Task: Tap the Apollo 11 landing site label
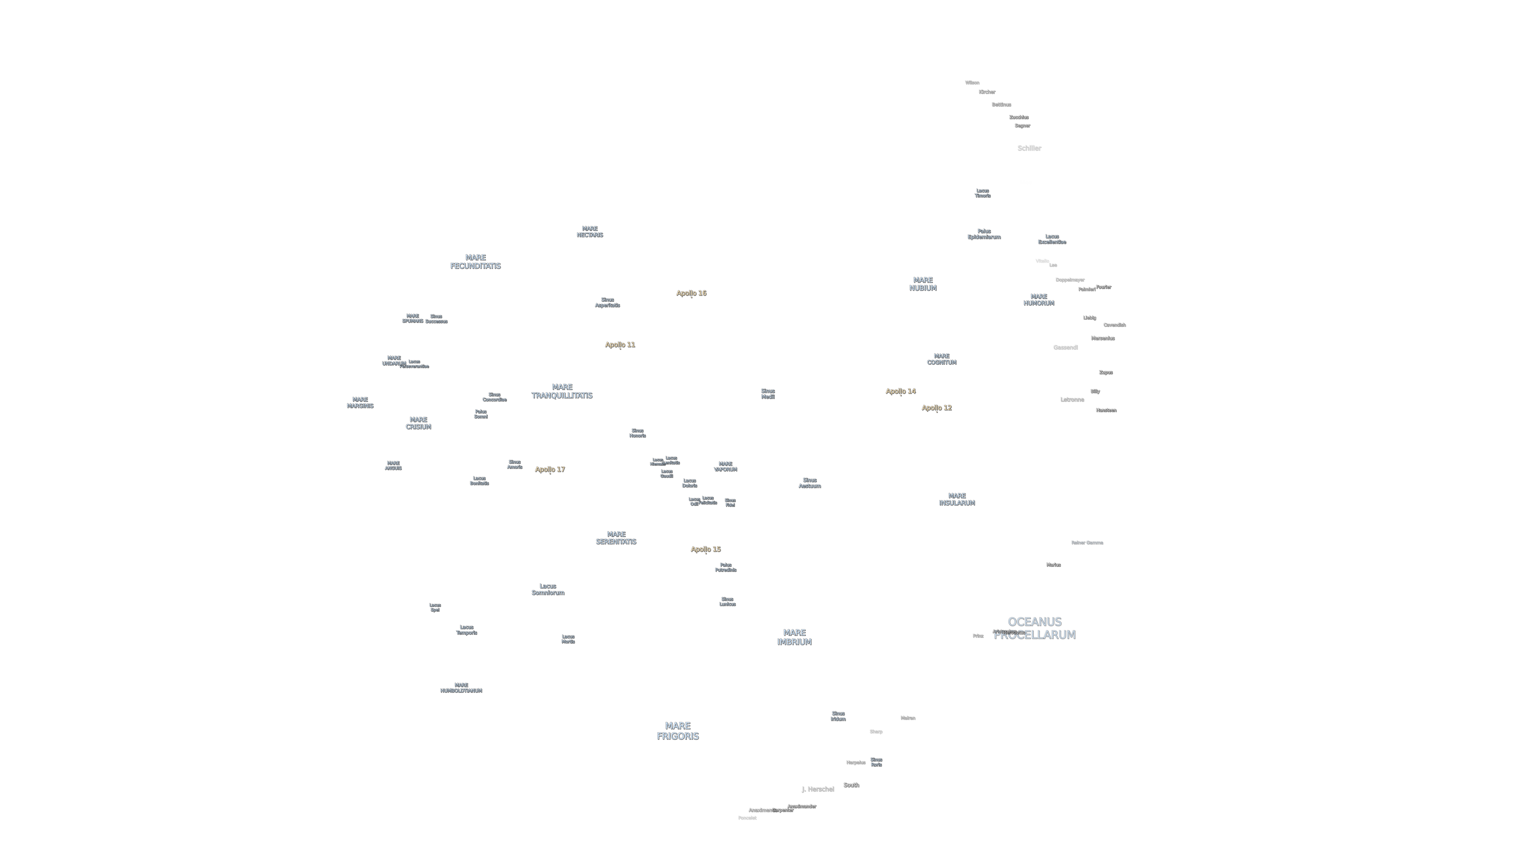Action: point(620,345)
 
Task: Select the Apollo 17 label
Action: point(550,469)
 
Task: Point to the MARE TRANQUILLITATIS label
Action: point(561,391)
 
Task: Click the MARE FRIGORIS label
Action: point(677,731)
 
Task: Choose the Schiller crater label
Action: point(1029,148)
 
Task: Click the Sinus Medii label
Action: point(768,393)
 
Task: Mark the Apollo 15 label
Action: point(706,549)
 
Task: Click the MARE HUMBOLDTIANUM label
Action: point(461,688)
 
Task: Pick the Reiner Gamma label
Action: point(1087,542)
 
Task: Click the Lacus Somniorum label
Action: point(548,589)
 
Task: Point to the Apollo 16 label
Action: point(691,293)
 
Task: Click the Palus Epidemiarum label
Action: point(984,234)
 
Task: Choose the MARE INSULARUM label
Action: point(957,499)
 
